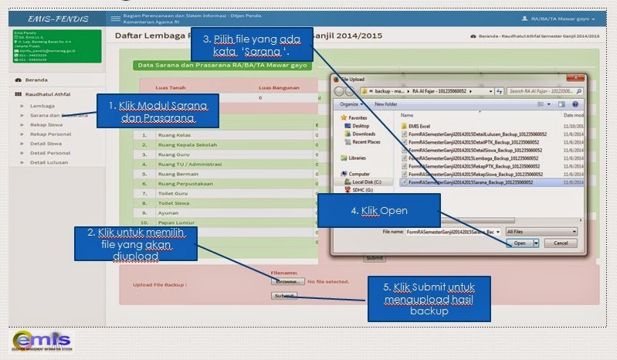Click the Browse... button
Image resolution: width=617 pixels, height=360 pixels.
(287, 282)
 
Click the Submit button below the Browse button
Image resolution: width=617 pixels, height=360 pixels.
(283, 296)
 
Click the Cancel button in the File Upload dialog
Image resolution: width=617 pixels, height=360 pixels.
(560, 243)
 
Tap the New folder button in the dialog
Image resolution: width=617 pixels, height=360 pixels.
(386, 104)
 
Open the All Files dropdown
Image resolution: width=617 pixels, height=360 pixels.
(541, 231)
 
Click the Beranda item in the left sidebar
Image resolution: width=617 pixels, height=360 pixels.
(36, 80)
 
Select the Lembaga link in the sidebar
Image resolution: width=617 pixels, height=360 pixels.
(42, 105)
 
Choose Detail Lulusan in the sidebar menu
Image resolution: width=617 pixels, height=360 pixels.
(49, 162)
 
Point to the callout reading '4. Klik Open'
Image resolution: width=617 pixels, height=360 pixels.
(383, 210)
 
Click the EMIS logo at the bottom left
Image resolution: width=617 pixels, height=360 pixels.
(42, 341)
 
